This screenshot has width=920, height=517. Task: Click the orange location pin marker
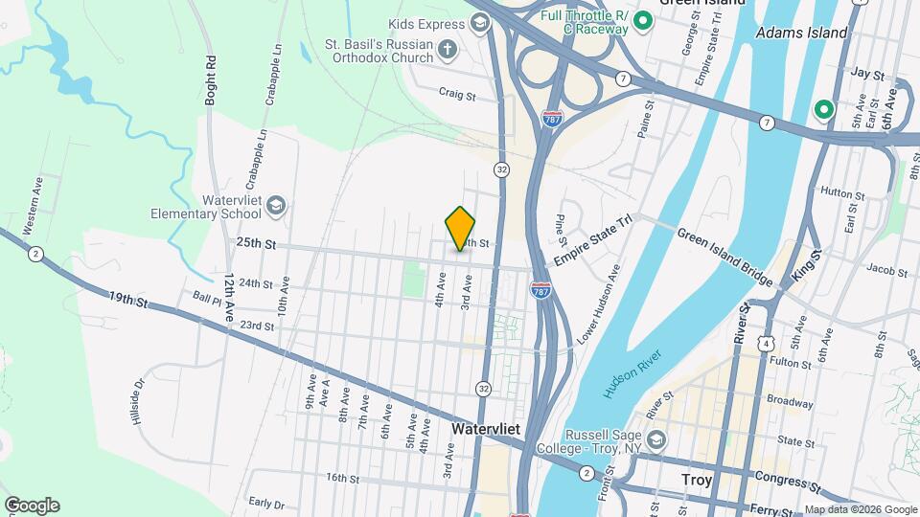(x=460, y=229)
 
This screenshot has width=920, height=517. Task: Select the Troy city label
(x=697, y=480)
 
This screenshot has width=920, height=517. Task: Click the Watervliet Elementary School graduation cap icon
(x=276, y=205)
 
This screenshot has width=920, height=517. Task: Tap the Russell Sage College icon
(x=656, y=439)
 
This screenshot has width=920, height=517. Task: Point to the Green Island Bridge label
(x=724, y=257)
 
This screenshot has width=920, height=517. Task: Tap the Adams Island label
(x=801, y=33)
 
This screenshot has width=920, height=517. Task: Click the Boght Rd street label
(x=210, y=79)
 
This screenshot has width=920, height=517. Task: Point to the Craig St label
(x=457, y=94)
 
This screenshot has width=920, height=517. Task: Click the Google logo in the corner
(x=31, y=505)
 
